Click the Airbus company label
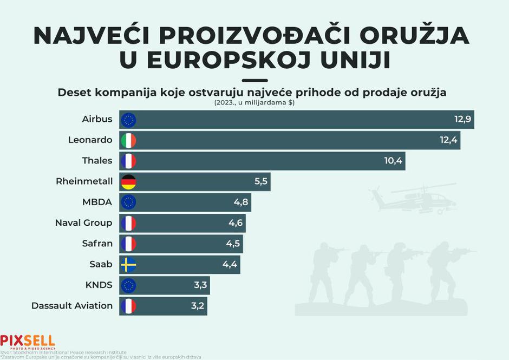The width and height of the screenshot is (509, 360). (x=97, y=119)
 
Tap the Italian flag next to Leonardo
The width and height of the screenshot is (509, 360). (x=128, y=140)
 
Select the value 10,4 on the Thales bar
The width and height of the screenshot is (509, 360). (x=394, y=161)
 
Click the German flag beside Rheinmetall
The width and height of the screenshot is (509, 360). (x=128, y=182)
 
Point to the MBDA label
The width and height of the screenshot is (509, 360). (x=97, y=202)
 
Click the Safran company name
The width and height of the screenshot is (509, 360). (x=97, y=244)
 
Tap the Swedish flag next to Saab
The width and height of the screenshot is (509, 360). (x=128, y=265)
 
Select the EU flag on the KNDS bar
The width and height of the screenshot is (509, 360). (x=128, y=285)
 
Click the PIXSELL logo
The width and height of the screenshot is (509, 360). (x=28, y=342)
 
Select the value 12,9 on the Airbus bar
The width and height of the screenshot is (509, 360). (x=462, y=119)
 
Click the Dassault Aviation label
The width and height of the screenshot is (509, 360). (x=72, y=306)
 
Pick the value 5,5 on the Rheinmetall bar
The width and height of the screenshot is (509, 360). (x=261, y=182)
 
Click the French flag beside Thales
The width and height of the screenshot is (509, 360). (x=128, y=161)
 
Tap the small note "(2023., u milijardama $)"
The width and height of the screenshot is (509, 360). (x=254, y=103)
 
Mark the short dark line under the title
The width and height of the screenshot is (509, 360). (x=254, y=80)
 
